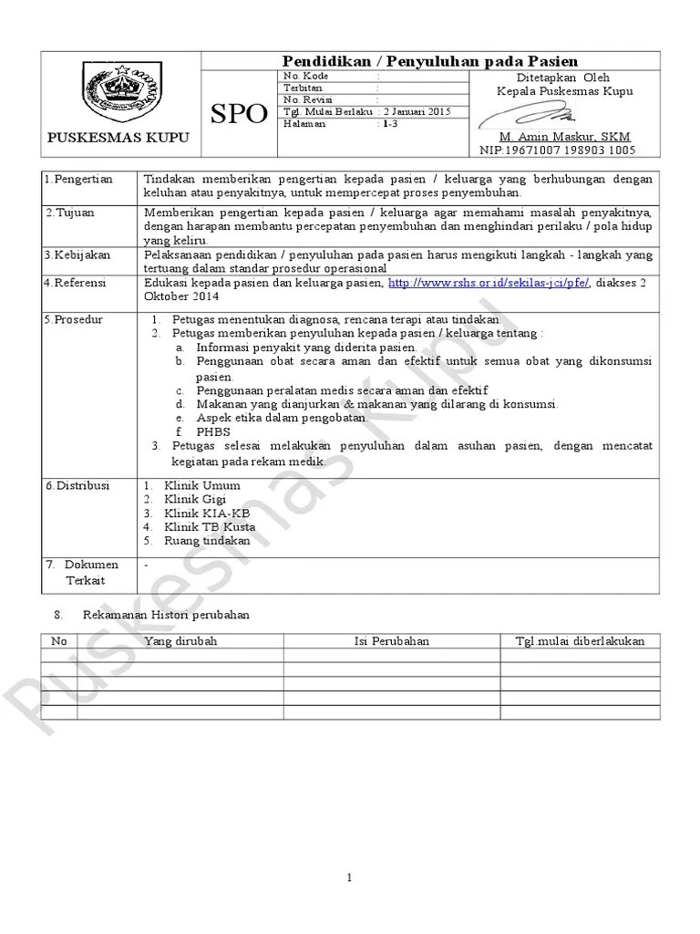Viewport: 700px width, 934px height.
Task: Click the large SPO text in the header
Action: pos(239,114)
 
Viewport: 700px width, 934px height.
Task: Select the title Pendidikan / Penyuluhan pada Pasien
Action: pos(430,60)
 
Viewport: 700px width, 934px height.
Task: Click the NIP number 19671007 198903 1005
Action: pos(558,150)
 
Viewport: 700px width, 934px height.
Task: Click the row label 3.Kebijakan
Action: pos(78,255)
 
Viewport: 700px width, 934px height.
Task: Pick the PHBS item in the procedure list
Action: pos(213,431)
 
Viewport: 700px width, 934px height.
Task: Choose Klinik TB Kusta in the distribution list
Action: pos(210,527)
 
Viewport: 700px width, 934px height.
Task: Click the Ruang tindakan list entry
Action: pos(207,541)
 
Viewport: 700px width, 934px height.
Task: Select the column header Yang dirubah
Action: pos(180,641)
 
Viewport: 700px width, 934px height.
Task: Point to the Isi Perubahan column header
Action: pos(391,641)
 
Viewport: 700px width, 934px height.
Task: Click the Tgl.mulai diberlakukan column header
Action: pos(580,641)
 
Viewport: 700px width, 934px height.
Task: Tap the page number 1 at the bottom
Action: pos(350,877)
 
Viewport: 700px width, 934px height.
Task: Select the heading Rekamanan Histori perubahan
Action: pos(166,615)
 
